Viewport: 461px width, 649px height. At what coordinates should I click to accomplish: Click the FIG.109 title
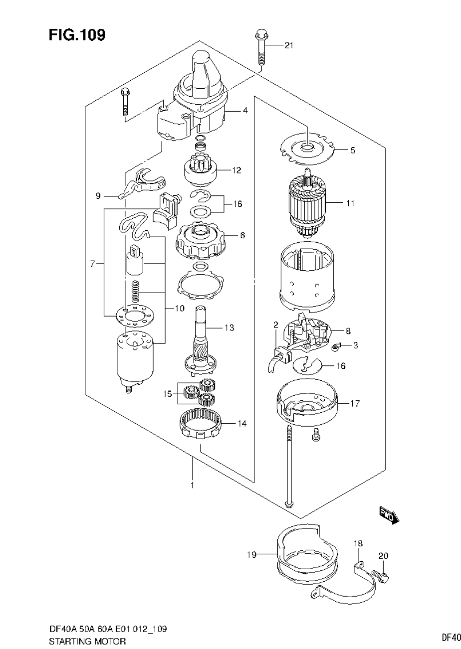coord(77,34)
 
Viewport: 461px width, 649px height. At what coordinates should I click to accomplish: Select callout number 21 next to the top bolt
coord(289,45)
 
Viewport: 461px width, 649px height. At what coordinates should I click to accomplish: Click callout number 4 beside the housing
coord(245,110)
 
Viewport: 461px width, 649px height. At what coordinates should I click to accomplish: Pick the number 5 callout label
coord(352,150)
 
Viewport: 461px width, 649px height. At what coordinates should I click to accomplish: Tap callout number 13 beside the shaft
coord(229,327)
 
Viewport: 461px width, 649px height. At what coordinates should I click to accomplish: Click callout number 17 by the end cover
coord(354,404)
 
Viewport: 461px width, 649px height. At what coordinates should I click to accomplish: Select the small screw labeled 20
coord(385,578)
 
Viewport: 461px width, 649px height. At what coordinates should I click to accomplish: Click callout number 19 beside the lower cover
coord(251,554)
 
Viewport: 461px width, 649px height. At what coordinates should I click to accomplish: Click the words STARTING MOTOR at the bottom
coord(87,641)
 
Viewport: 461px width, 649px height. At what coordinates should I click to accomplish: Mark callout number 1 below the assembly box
coord(192,484)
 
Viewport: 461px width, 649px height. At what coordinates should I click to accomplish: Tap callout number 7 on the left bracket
coord(93,264)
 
